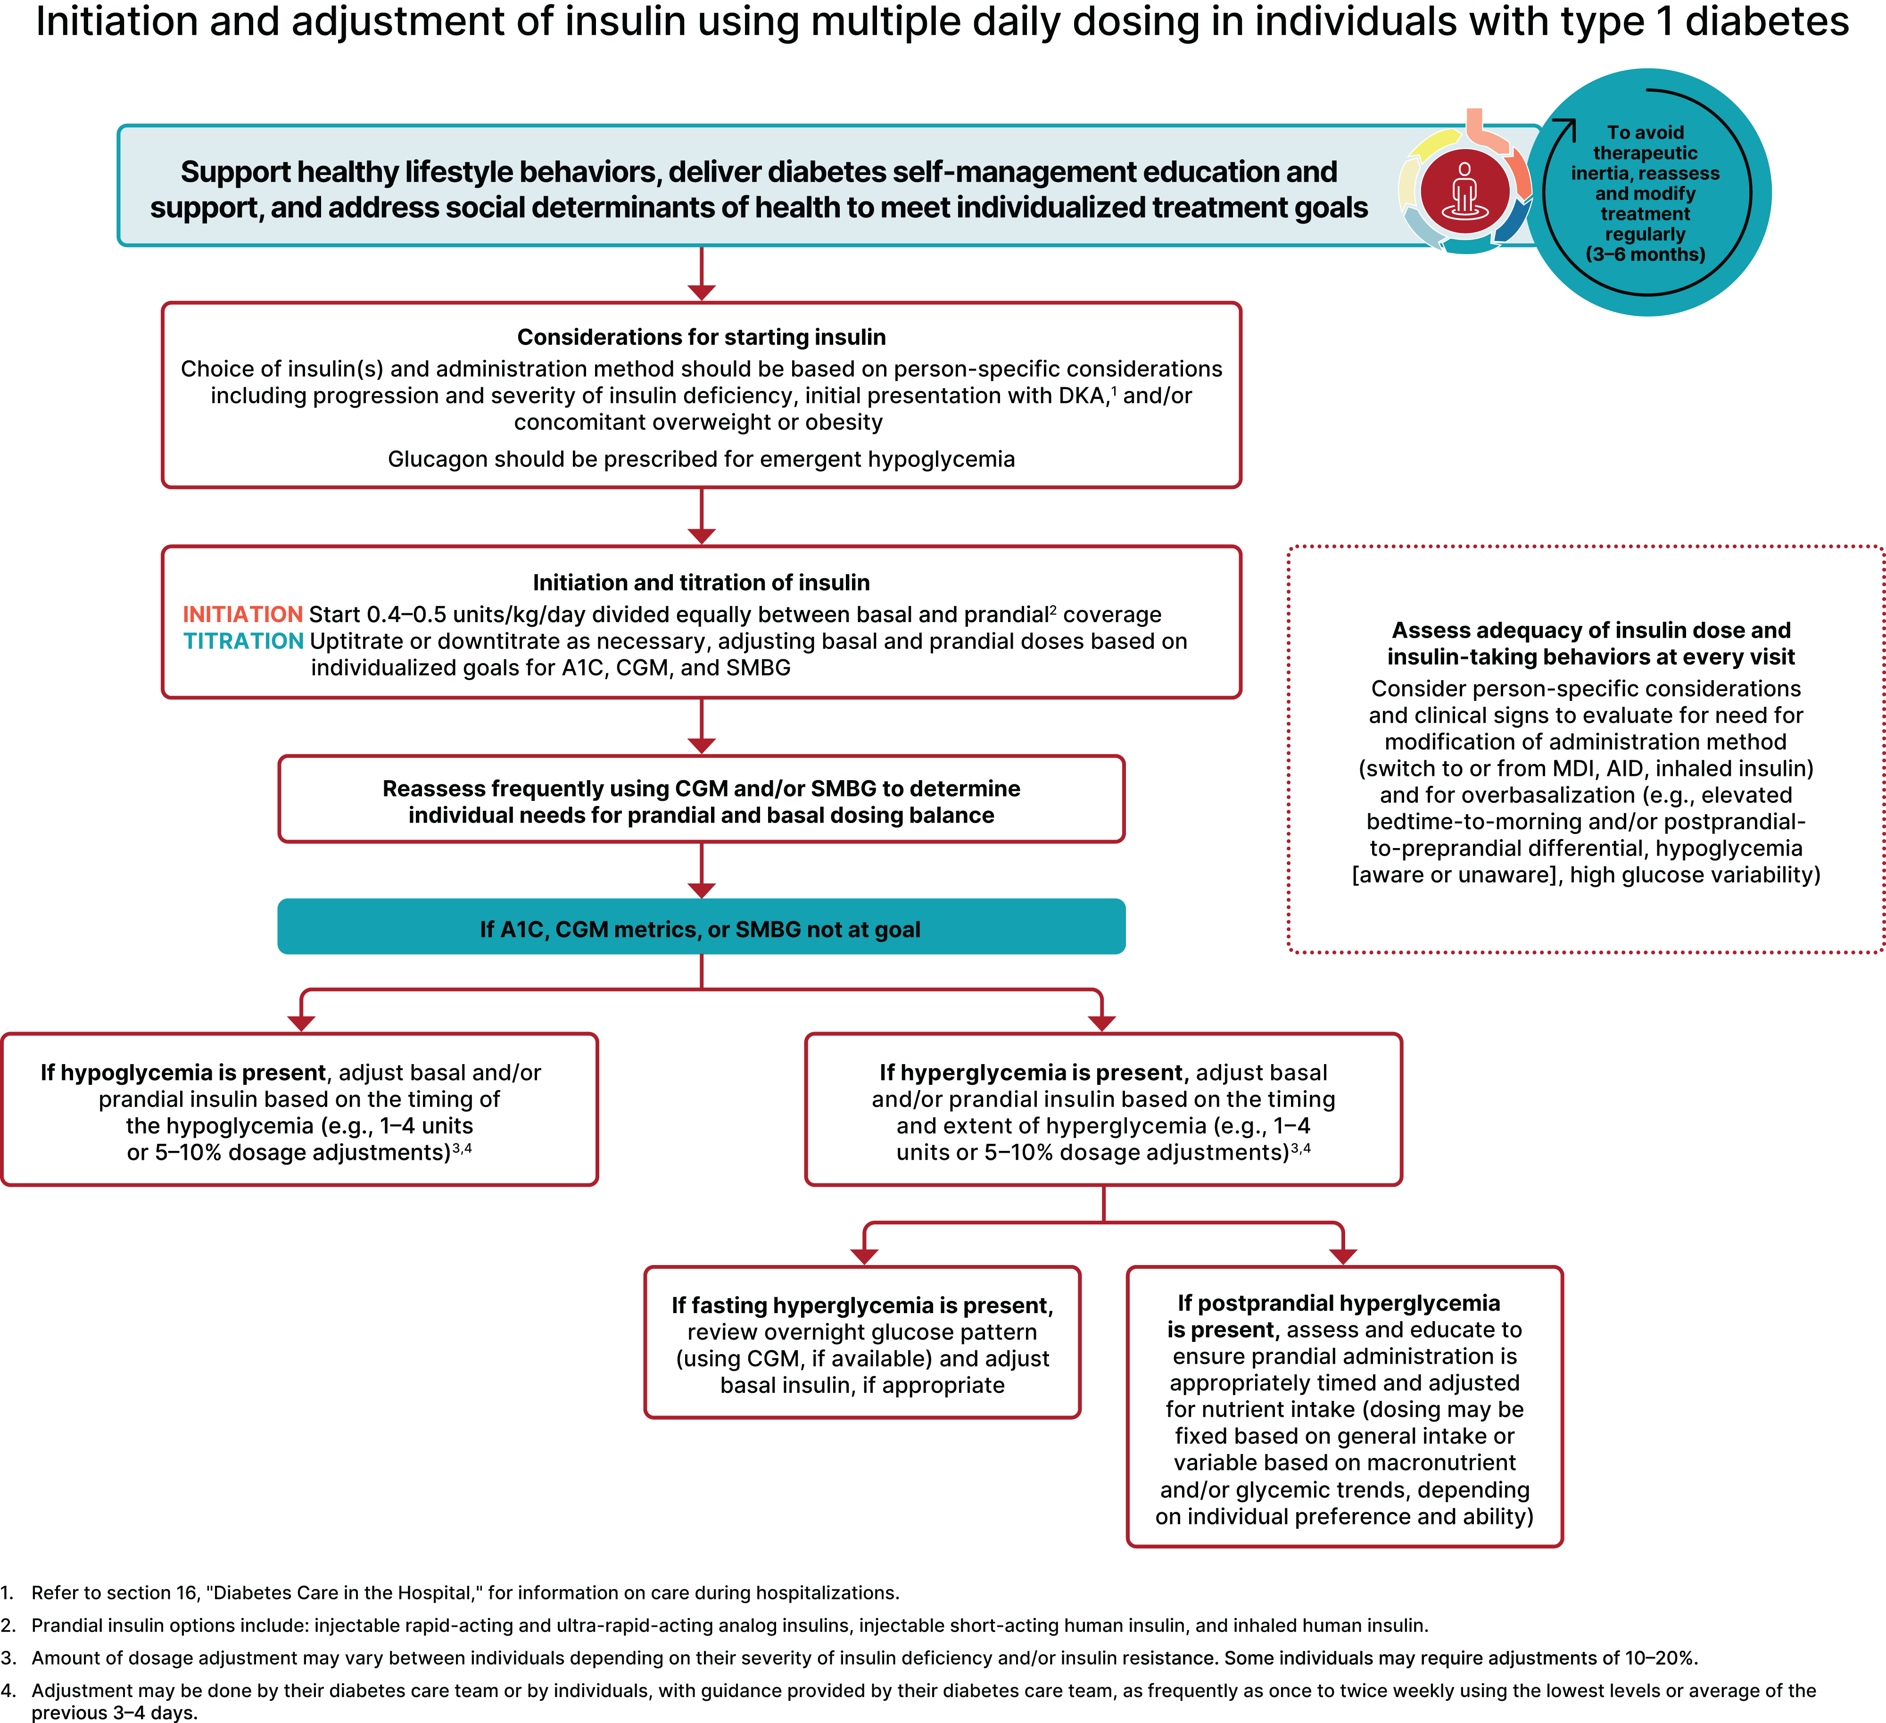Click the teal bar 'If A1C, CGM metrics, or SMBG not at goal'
coord(701,928)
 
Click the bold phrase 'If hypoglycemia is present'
coord(182,1073)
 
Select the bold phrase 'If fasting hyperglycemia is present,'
coord(861,1306)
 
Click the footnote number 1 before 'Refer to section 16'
coord(8,1593)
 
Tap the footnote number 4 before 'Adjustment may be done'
coord(8,1690)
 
